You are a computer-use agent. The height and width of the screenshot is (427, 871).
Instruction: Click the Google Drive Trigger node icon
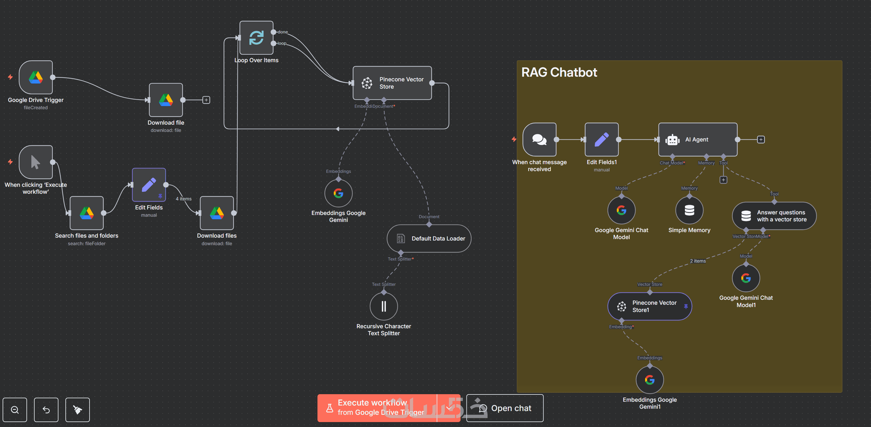tap(36, 77)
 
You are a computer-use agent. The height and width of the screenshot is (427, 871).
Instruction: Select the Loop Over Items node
tap(256, 38)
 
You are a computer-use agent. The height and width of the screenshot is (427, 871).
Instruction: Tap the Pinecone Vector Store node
tap(392, 83)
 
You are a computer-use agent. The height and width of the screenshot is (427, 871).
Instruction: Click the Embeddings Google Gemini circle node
tap(338, 193)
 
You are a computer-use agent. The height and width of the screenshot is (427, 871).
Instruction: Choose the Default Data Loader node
tap(429, 238)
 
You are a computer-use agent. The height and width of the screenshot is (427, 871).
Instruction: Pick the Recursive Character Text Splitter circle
tap(384, 306)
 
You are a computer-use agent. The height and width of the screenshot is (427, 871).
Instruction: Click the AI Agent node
tap(697, 139)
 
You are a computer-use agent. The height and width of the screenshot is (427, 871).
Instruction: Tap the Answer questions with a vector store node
tap(774, 216)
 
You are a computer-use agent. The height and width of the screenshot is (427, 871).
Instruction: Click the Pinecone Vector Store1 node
tap(649, 306)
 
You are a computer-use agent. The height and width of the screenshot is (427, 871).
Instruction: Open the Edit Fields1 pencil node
tap(602, 139)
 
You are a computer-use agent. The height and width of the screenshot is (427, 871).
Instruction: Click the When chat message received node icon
tap(539, 139)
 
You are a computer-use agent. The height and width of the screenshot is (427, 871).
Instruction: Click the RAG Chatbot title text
tap(559, 72)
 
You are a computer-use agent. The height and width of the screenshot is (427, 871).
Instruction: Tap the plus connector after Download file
tap(206, 100)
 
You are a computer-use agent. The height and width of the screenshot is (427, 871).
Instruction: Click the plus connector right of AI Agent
tap(761, 139)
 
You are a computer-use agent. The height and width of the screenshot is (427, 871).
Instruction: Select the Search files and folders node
tap(87, 213)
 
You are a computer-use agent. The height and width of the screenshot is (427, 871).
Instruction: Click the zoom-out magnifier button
tap(15, 410)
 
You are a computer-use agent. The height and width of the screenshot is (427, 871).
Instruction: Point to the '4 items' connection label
tap(184, 199)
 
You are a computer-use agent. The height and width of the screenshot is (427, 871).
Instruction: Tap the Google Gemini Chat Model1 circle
tap(746, 278)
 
